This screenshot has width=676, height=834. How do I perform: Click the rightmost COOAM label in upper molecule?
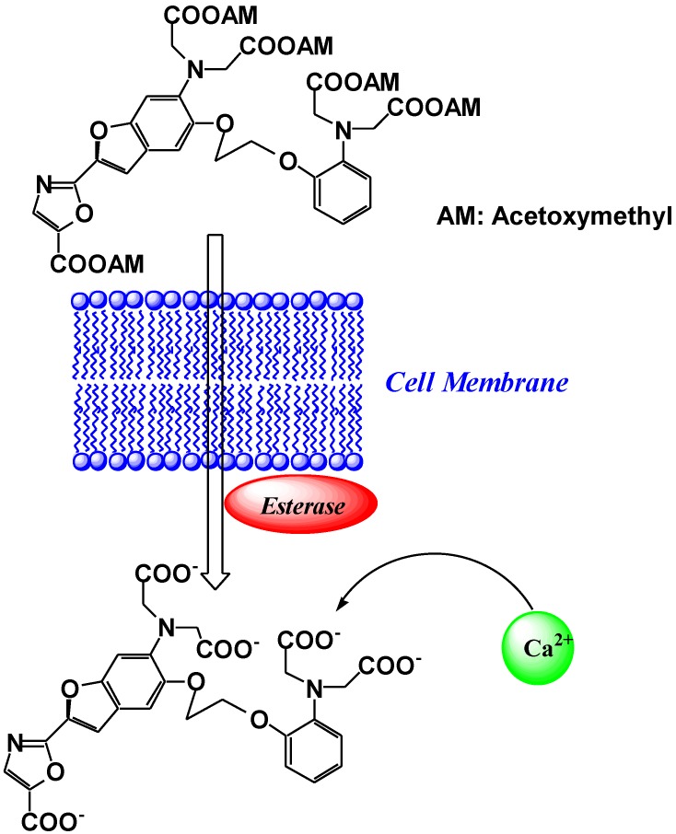pyautogui.click(x=442, y=109)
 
